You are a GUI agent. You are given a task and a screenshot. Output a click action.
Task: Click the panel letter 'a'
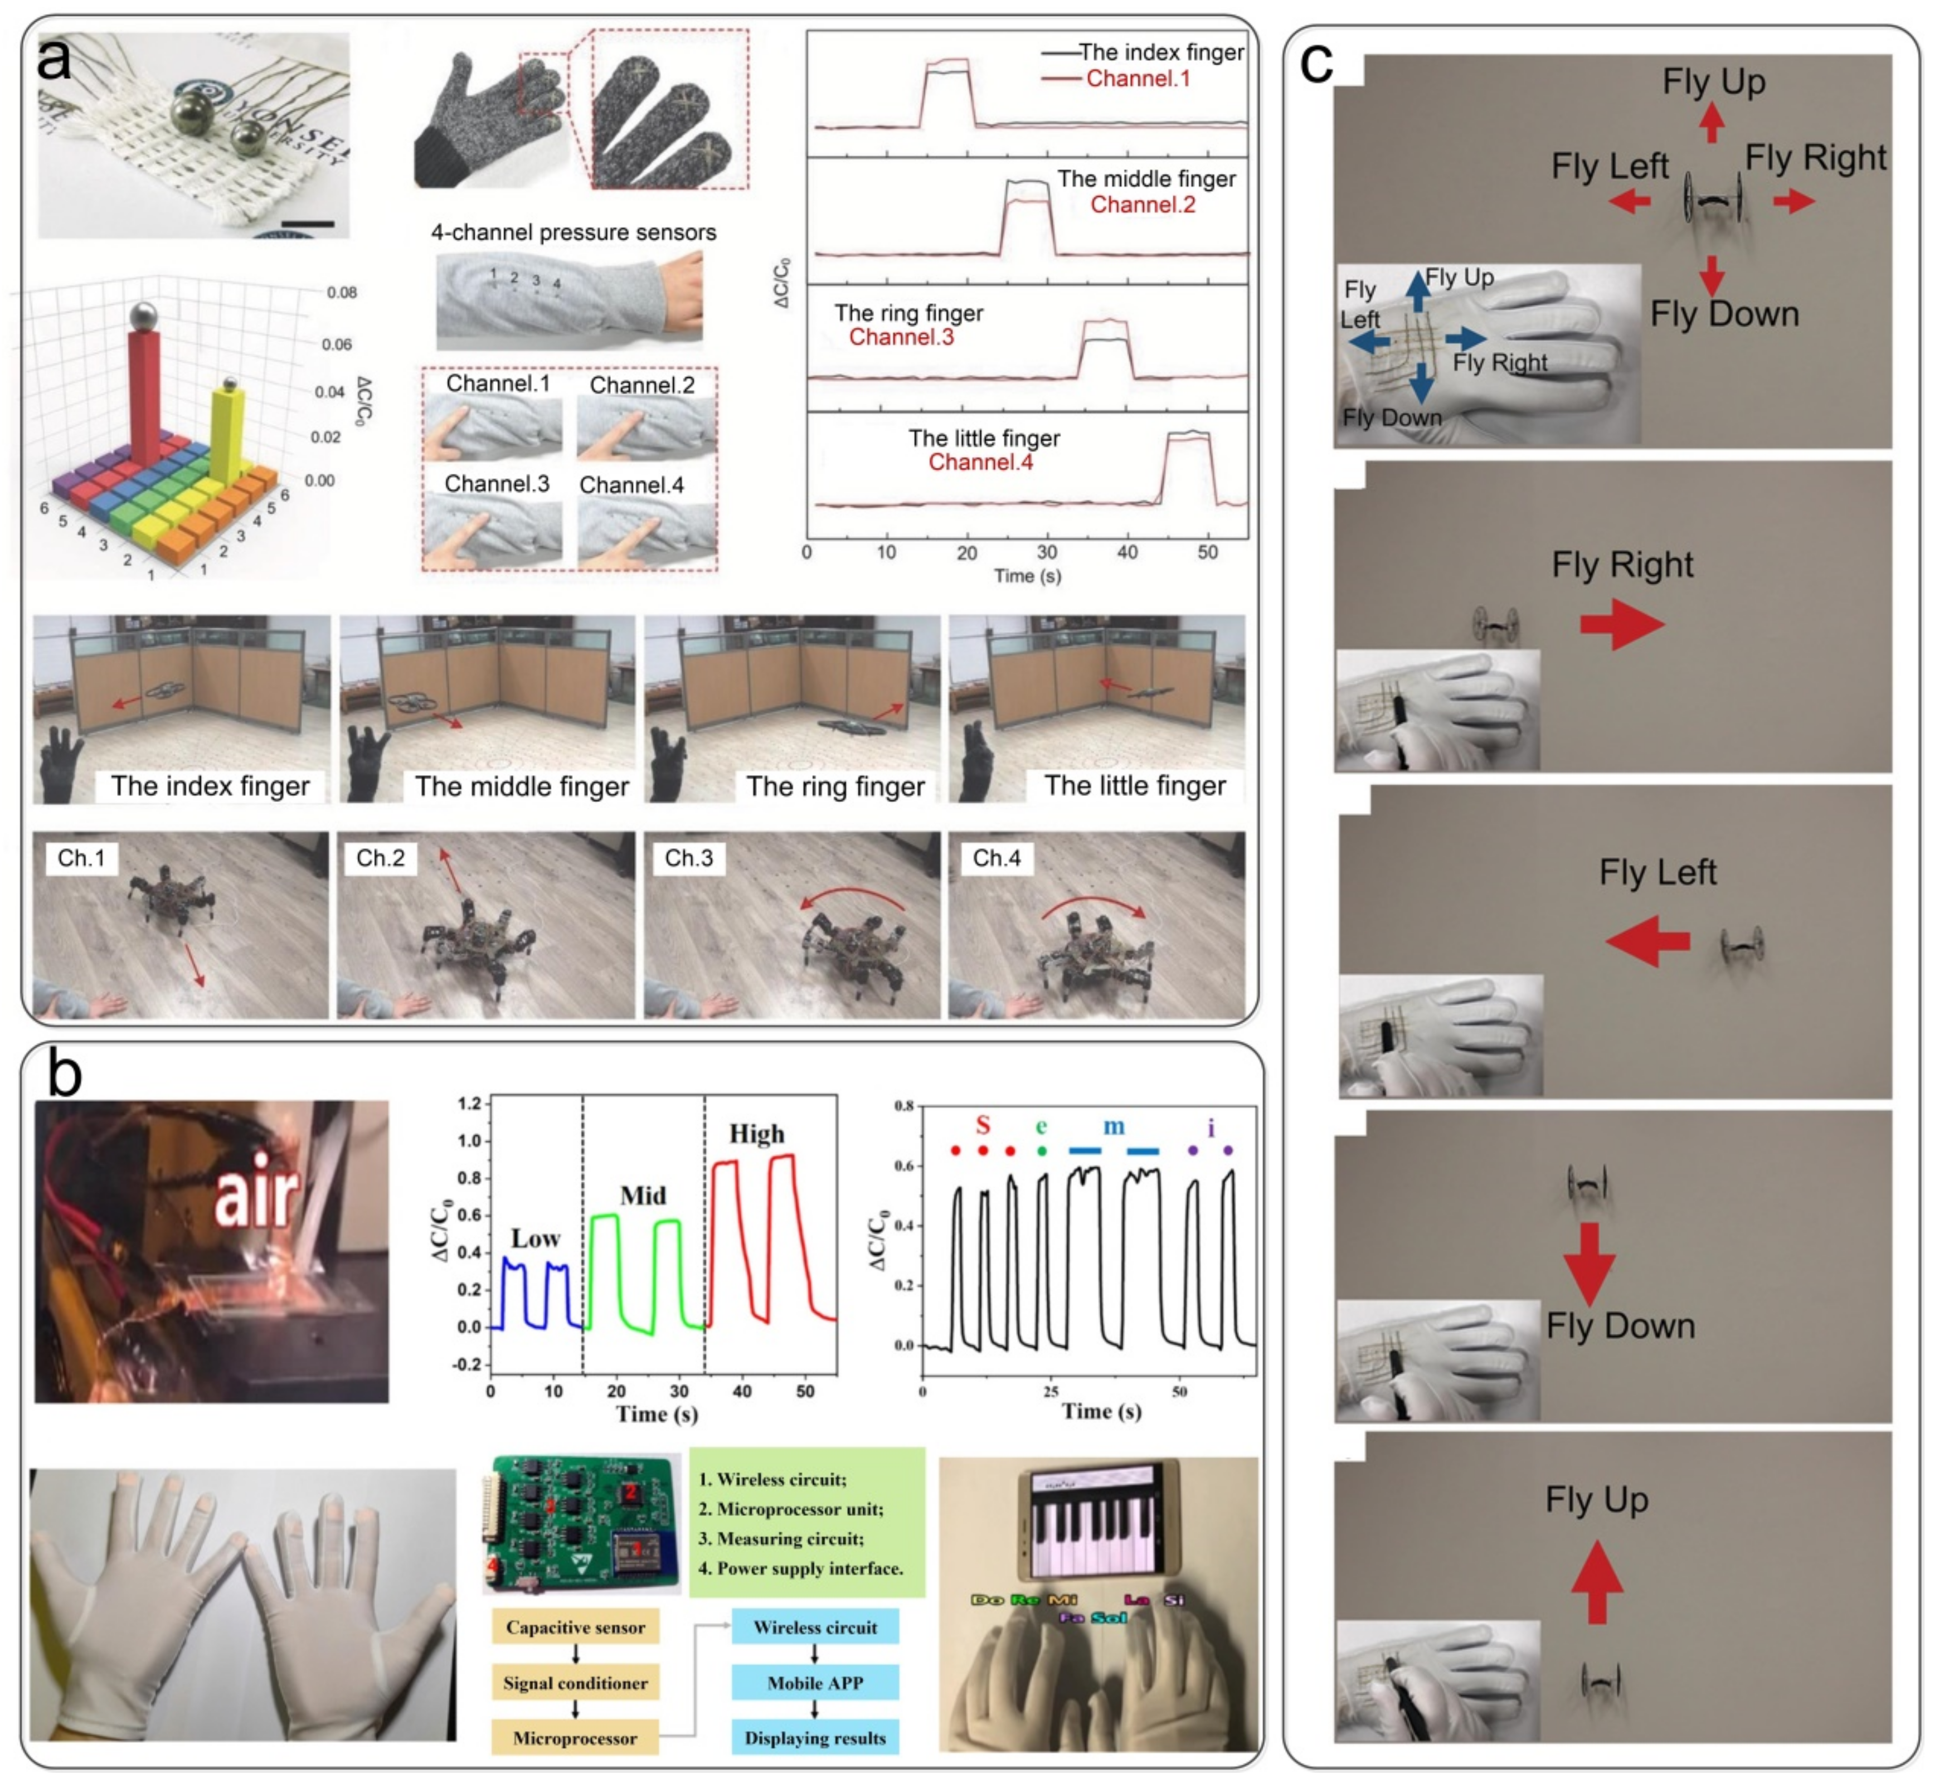click(54, 60)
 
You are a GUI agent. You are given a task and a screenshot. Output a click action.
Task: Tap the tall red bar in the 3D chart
click(144, 397)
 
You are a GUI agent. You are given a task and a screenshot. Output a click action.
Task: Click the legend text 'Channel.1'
click(1138, 79)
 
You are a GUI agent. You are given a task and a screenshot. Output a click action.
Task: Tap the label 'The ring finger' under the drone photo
click(835, 786)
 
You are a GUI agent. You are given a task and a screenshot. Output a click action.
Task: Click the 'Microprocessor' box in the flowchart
click(575, 1738)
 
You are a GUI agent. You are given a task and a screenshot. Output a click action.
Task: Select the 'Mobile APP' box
click(815, 1683)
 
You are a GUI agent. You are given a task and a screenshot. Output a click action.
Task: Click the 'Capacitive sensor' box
click(575, 1627)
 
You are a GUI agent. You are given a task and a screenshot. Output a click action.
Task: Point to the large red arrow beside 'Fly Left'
click(1648, 940)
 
